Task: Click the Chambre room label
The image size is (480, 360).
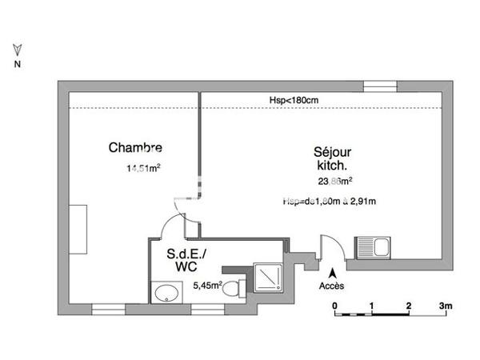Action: click(135, 147)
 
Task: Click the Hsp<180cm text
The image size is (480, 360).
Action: click(294, 100)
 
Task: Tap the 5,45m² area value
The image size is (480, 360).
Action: click(208, 283)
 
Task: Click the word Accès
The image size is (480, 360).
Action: click(331, 286)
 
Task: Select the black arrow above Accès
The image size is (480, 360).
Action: click(331, 272)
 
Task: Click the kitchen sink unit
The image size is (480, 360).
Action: click(373, 246)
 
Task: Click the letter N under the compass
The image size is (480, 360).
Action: click(18, 65)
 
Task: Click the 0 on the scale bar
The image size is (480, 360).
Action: click(335, 306)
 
